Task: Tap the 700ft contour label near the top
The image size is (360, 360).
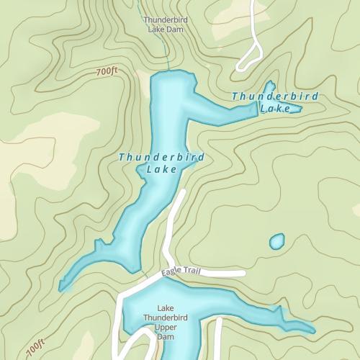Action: [106, 72]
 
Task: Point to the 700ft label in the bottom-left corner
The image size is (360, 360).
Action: [35, 348]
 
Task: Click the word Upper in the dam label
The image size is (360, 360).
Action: [166, 327]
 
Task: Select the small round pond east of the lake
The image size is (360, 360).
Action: [276, 241]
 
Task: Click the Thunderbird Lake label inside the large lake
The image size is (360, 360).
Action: [161, 163]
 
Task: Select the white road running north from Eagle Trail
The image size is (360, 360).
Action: [174, 223]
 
